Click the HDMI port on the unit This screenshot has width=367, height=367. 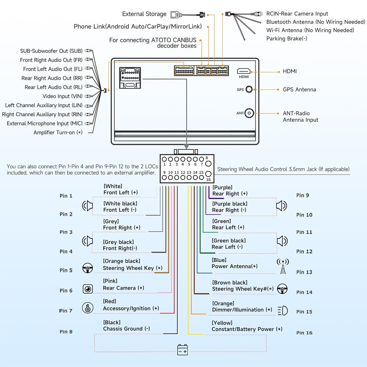pyautogui.click(x=244, y=71)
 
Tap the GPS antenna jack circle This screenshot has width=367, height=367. pyautogui.click(x=249, y=89)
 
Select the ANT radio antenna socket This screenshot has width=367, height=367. pyautogui.click(x=249, y=113)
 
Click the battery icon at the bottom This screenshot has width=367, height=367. pyautogui.click(x=182, y=349)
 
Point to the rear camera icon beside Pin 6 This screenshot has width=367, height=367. pyautogui.click(x=88, y=289)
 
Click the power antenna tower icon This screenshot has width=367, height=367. pyautogui.click(x=283, y=266)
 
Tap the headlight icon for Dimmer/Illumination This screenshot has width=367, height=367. pyautogui.click(x=283, y=310)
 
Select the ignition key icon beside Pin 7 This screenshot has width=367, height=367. pyautogui.click(x=88, y=308)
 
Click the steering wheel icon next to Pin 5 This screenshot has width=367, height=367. pyautogui.click(x=88, y=268)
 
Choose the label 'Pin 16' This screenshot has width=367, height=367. pyautogui.click(x=304, y=333)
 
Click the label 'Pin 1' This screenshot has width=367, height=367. pyautogui.click(x=66, y=196)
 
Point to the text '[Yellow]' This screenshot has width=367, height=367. pyautogui.click(x=222, y=323)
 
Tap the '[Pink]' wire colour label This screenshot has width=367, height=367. pyautogui.click(x=110, y=281)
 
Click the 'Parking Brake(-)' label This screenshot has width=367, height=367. pyautogui.click(x=287, y=39)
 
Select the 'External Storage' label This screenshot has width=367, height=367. pyautogui.click(x=144, y=14)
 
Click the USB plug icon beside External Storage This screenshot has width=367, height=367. pyautogui.click(x=176, y=15)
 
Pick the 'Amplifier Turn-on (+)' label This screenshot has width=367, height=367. pyautogui.click(x=58, y=132)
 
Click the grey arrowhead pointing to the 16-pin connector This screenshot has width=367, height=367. pyautogui.click(x=186, y=146)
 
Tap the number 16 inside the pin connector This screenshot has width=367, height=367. pyautogui.click(x=208, y=179)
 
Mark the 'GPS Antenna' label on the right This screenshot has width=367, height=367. pyautogui.click(x=299, y=90)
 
